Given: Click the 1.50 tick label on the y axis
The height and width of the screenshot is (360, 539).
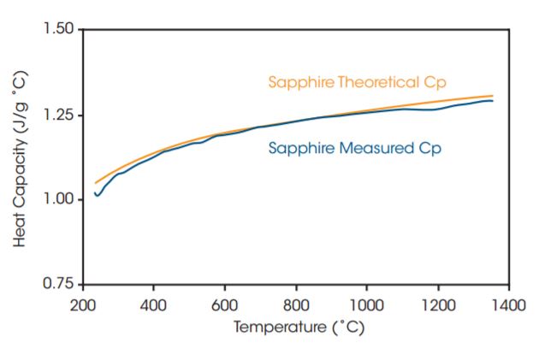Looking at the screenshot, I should pyautogui.click(x=61, y=30).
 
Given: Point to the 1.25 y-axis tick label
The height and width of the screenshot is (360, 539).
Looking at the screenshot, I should pyautogui.click(x=61, y=115).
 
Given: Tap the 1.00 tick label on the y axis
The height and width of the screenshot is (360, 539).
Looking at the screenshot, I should pyautogui.click(x=61, y=199).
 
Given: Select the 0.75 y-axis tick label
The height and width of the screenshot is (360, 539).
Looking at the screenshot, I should pyautogui.click(x=61, y=284).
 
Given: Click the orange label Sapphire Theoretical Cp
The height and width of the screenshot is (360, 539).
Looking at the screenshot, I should pyautogui.click(x=358, y=82).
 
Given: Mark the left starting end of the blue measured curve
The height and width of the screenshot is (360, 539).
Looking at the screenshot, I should pyautogui.click(x=95, y=192).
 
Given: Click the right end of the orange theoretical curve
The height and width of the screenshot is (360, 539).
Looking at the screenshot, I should pyautogui.click(x=493, y=96).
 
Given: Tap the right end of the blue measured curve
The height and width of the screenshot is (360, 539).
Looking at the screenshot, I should pyautogui.click(x=493, y=101).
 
